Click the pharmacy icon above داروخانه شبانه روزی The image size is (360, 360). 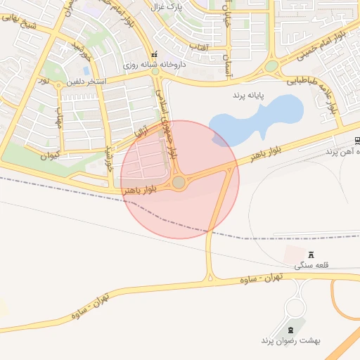coord(155,55)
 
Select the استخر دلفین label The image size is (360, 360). coord(86,82)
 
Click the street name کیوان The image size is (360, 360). coord(50,155)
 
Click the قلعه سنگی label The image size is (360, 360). coord(311,265)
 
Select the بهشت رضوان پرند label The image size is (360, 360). coord(290,340)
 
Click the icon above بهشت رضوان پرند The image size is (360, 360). coord(291,330)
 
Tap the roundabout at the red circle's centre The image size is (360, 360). coord(179,182)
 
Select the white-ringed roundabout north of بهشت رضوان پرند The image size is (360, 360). coord(295,308)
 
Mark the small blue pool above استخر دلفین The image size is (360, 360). coord(86,71)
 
